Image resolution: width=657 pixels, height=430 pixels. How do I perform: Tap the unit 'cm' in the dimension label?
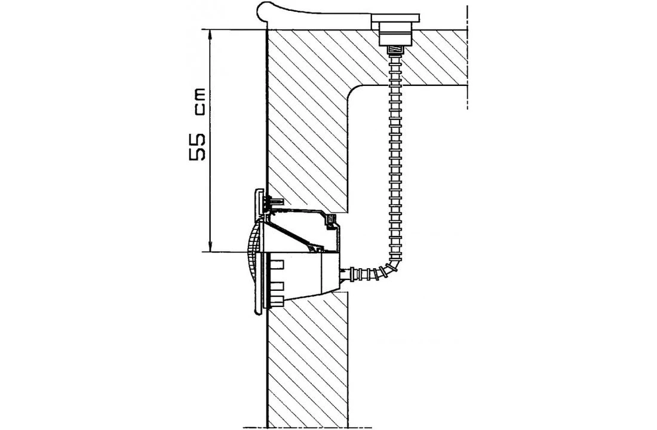point(199,101)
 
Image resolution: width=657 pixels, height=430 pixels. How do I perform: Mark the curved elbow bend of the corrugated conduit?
point(391,263)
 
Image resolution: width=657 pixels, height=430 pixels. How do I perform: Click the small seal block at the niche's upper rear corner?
point(329,222)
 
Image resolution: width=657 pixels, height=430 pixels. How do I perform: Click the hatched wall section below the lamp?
point(308,358)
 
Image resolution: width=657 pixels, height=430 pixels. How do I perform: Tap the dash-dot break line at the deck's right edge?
point(467,57)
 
